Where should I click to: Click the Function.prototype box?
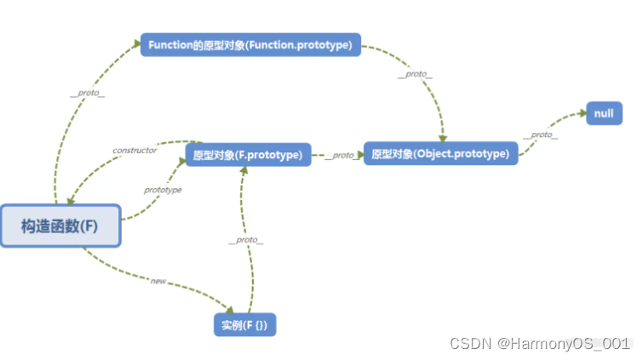[x=250, y=45]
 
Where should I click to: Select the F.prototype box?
[x=248, y=155]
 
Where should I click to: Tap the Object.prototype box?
[x=440, y=154]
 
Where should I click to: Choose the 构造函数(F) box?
[x=60, y=226]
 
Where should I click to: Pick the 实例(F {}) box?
[x=244, y=324]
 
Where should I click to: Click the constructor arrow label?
[x=135, y=151]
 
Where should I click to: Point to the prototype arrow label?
[x=163, y=190]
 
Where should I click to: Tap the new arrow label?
[x=158, y=279]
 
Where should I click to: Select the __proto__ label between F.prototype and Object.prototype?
[x=338, y=155]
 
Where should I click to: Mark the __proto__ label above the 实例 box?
[x=245, y=241]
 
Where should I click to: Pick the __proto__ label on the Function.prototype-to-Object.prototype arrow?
[x=415, y=75]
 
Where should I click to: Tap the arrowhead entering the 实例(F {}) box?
[x=230, y=310]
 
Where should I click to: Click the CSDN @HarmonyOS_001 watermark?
[x=539, y=343]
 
